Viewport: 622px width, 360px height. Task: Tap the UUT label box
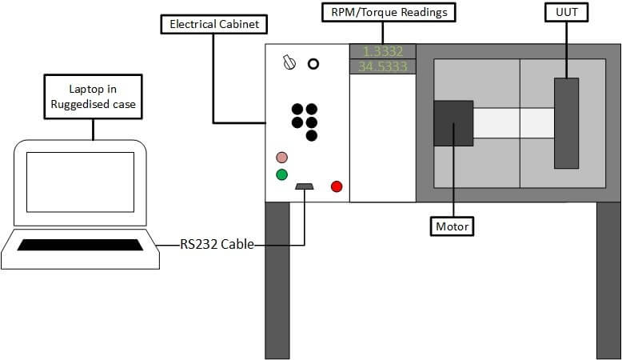point(566,13)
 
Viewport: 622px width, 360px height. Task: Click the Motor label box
point(453,226)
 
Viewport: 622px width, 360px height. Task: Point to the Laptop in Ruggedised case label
point(94,95)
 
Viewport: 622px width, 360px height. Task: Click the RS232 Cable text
point(217,245)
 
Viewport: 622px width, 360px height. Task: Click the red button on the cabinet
point(337,186)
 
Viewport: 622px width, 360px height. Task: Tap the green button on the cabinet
point(281,174)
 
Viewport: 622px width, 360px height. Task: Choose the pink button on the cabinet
point(281,158)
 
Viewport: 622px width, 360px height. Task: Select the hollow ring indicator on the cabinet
point(313,63)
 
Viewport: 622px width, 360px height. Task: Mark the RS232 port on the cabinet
point(304,187)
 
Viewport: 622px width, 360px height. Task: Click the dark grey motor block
point(453,123)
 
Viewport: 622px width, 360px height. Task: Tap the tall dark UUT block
point(566,122)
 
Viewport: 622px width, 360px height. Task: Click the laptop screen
point(80,182)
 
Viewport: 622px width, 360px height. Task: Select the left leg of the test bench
point(277,280)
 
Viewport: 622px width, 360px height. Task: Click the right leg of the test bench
point(608,280)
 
